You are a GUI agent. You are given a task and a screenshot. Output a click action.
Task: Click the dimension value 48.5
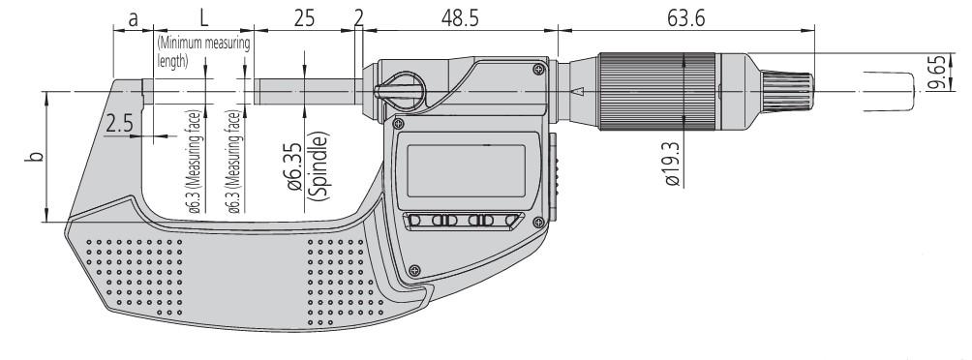tap(460, 18)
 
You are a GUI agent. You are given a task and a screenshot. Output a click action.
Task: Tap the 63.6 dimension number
tap(685, 18)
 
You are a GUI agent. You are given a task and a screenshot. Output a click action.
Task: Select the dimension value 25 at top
tap(304, 18)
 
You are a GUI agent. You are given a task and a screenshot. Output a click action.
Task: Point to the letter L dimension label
tap(204, 18)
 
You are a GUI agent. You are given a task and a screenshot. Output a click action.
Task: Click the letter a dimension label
tap(133, 19)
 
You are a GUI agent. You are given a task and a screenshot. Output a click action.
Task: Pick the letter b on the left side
tap(37, 156)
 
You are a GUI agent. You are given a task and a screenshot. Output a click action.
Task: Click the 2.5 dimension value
tap(119, 124)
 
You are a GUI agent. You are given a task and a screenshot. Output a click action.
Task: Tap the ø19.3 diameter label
tap(672, 164)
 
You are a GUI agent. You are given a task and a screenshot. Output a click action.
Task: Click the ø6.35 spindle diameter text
tap(295, 166)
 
